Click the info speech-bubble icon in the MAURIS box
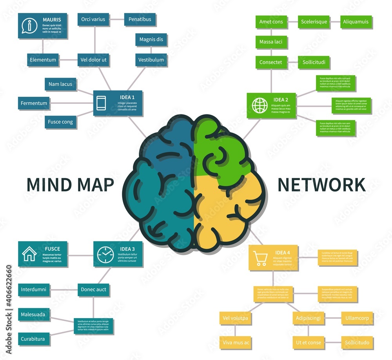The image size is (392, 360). coord(29,25)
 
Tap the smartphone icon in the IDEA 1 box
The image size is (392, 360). coord(102,103)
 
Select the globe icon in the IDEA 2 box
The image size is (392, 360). coord(260,105)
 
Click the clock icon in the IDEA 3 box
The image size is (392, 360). coord(105,255)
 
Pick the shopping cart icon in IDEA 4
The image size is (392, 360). coord(261,259)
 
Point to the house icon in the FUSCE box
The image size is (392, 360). coord(29,254)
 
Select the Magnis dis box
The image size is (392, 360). coord(151,40)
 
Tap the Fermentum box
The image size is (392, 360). coord(34,103)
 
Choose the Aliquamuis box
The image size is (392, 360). coord(356,22)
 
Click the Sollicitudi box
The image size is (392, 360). coord(314,62)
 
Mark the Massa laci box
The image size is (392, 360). coord(271,42)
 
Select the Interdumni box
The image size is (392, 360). coord(34,289)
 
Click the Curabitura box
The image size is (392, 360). coord(33,339)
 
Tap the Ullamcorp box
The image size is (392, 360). coord(357,318)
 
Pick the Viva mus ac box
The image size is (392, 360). coord(236,342)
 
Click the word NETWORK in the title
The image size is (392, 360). coord(321,185)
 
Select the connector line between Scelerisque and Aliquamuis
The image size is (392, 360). coord(335,22)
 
